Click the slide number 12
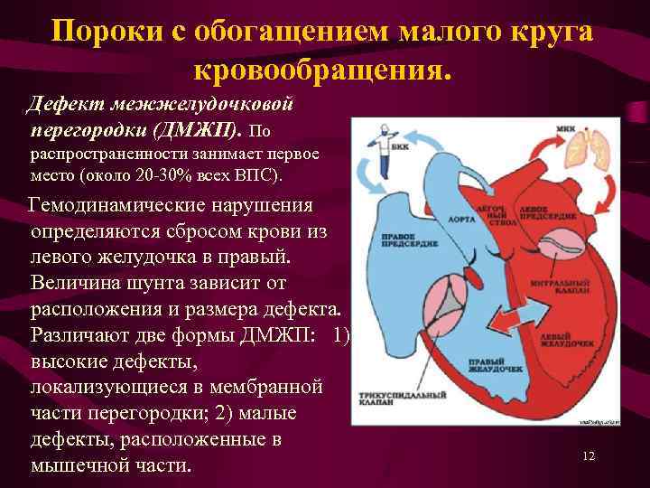[x=589, y=456]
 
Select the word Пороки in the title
[x=102, y=33]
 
